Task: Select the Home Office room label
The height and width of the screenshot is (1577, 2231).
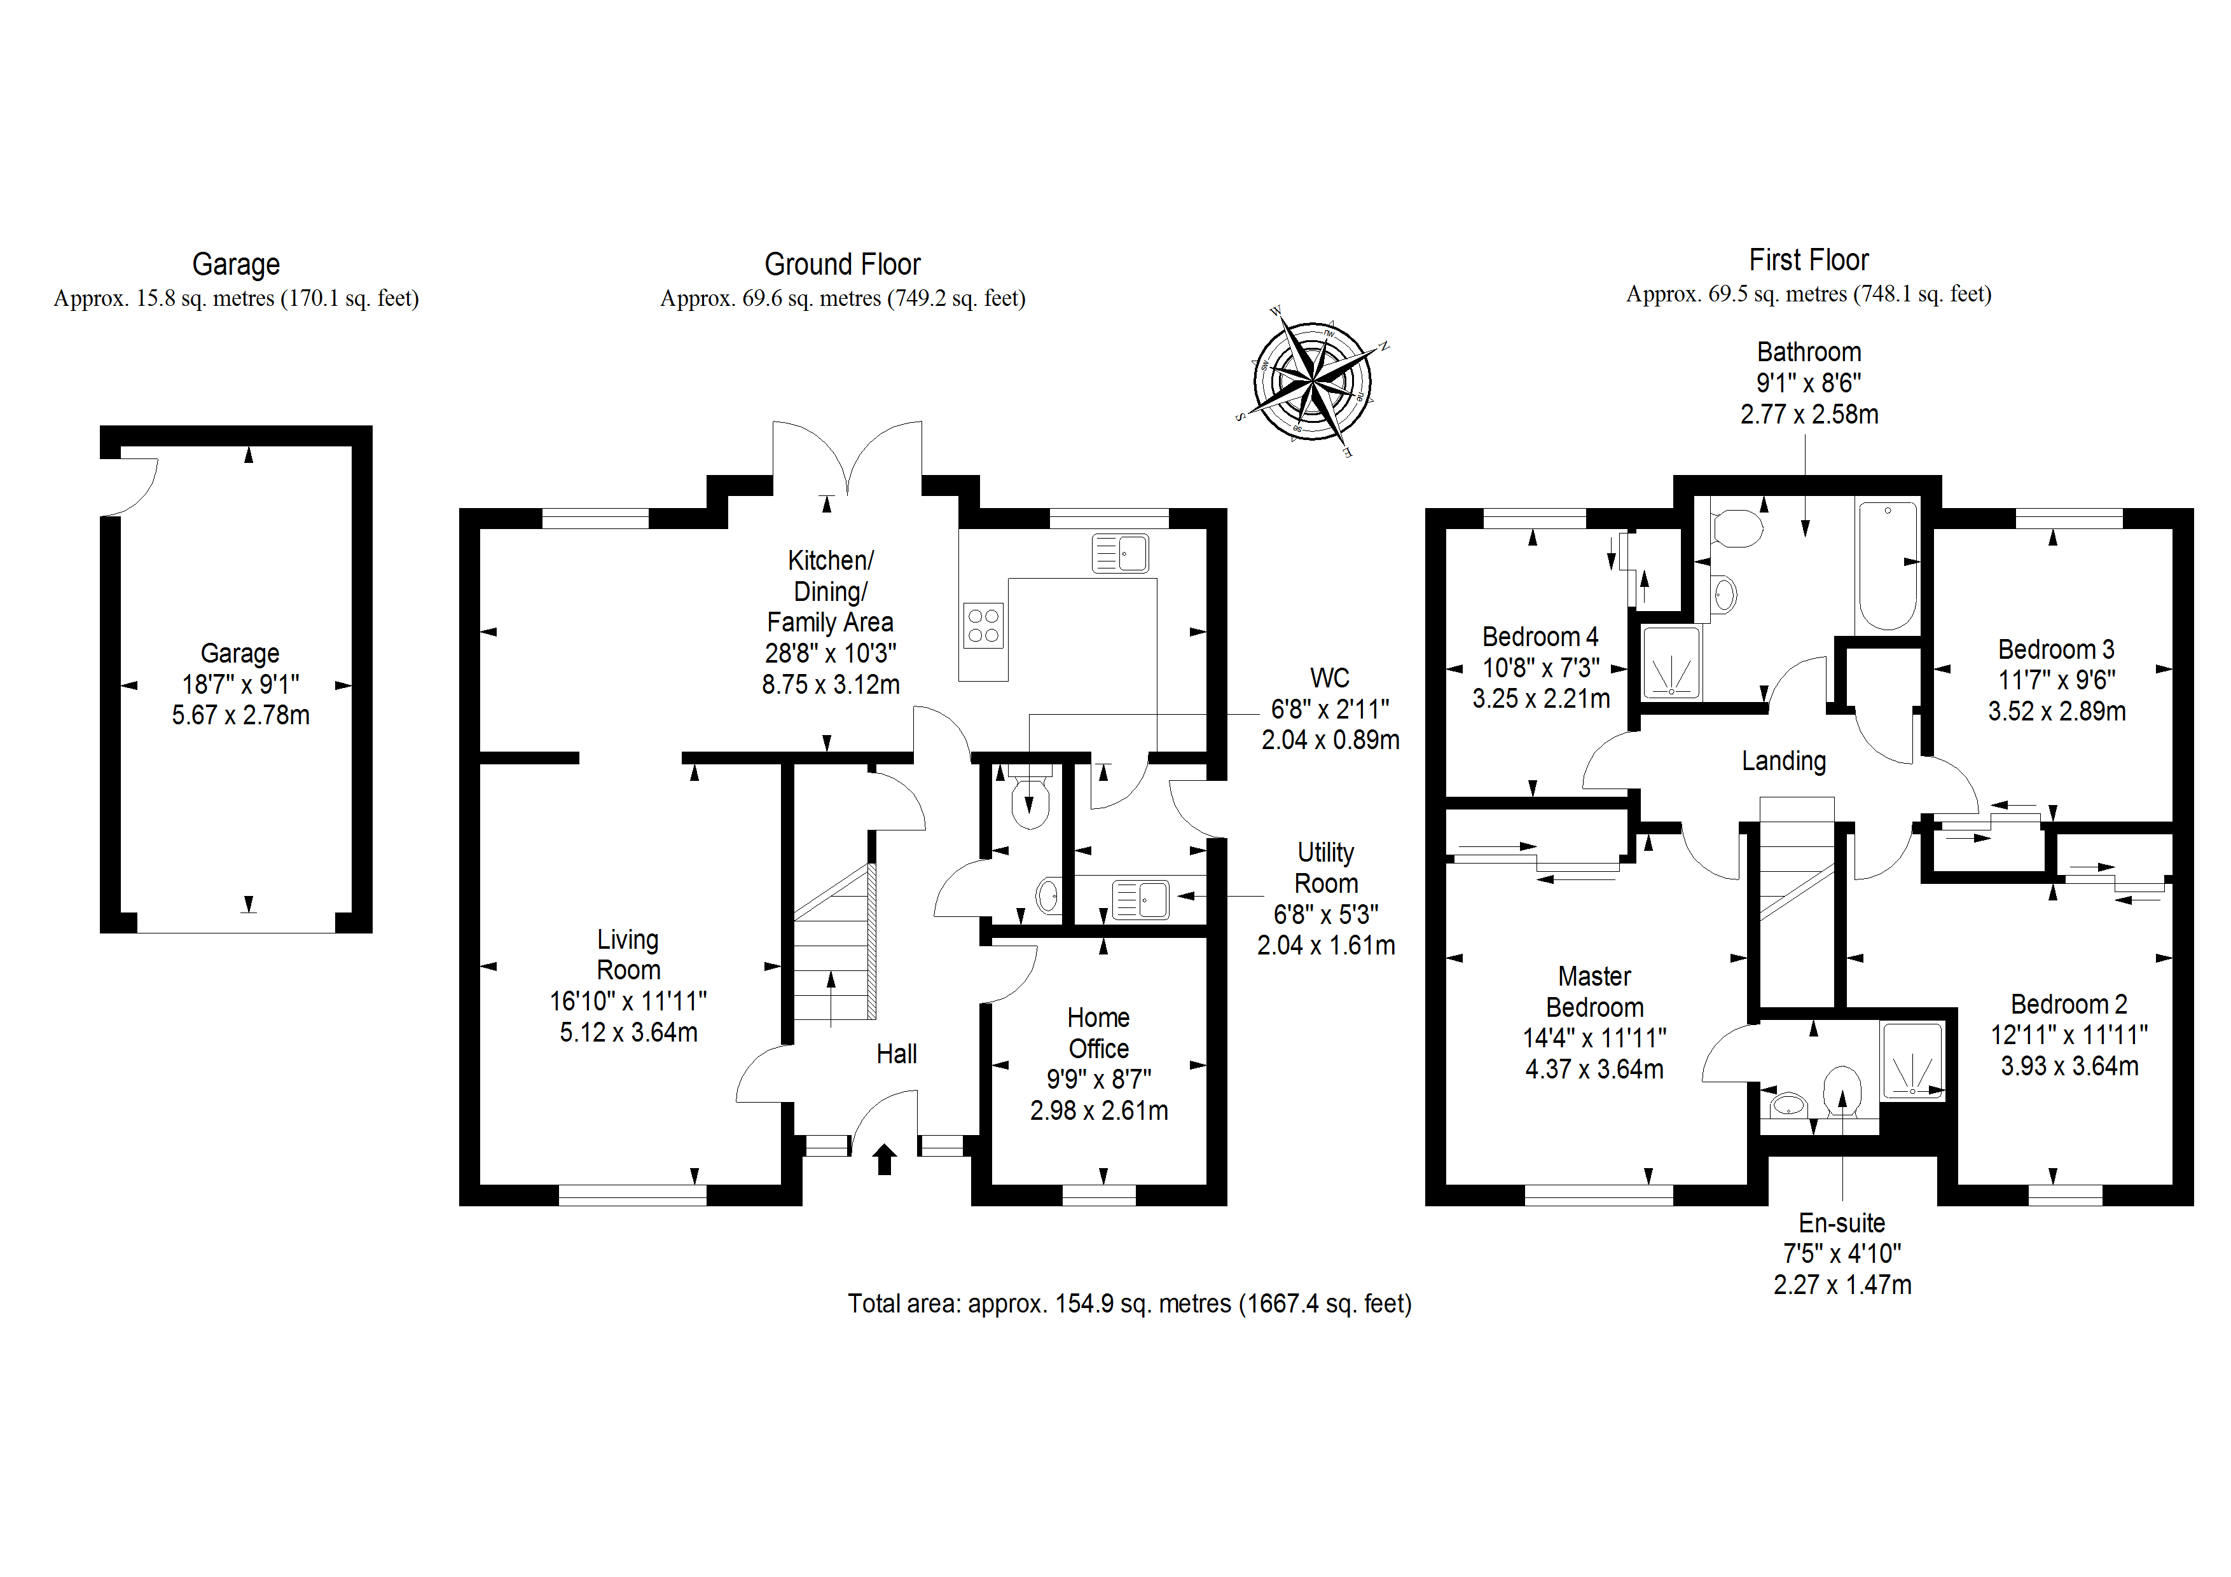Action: coord(1098,1033)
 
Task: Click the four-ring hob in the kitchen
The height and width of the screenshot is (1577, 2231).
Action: coord(983,625)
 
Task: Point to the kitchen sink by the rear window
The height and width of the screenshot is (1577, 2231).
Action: coord(1121,553)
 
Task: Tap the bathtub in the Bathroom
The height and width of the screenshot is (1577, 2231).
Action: coord(1887,565)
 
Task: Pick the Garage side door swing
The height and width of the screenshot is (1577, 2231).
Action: coord(131,486)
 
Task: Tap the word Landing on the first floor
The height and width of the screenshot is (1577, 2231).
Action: coord(1783,761)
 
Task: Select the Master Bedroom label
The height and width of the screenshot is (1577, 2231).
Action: coord(1594,991)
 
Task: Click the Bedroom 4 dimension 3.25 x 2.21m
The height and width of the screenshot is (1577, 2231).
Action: coord(1540,699)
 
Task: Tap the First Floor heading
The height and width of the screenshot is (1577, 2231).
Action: coord(1808,261)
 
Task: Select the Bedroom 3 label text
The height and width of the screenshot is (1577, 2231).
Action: coord(2056,649)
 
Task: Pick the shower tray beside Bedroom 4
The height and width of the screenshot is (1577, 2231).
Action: coord(1671,662)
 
